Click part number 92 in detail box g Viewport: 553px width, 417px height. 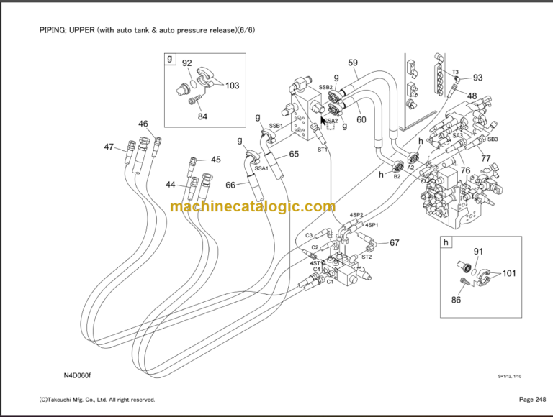click(x=186, y=63)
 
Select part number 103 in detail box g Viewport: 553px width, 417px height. click(x=232, y=86)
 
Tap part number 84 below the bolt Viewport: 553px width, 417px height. click(x=202, y=117)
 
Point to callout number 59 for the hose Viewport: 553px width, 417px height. click(x=353, y=63)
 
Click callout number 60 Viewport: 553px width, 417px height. click(x=361, y=119)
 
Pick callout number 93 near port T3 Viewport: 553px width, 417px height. click(x=477, y=78)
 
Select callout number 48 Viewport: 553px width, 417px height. click(x=472, y=96)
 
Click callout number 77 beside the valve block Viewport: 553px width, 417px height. click(x=486, y=158)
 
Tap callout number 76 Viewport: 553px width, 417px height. click(x=465, y=171)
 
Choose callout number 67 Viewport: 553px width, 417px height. click(x=394, y=242)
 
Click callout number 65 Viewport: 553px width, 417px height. click(x=294, y=154)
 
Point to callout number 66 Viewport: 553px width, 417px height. click(x=230, y=185)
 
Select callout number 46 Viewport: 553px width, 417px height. click(x=143, y=124)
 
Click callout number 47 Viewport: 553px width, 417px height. click(x=109, y=147)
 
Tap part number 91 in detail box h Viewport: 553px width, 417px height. click(x=477, y=251)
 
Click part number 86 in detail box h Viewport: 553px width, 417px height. click(x=456, y=300)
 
